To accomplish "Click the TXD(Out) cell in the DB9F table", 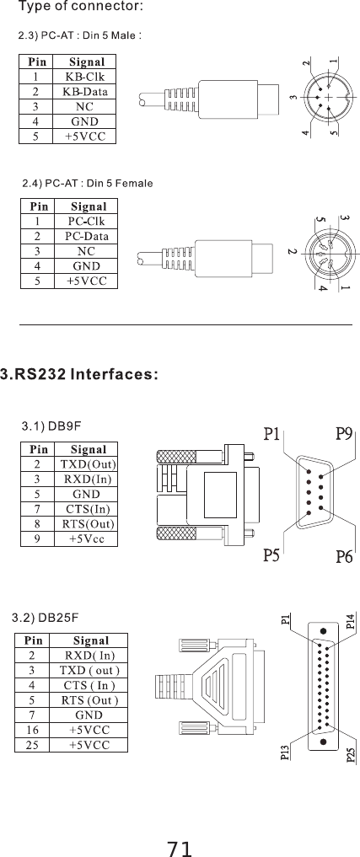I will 89,464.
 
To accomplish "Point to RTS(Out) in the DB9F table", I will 89,523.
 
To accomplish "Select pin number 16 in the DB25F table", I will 31,730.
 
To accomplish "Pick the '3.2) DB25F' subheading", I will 49,620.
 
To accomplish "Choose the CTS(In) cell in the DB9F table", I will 89,509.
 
